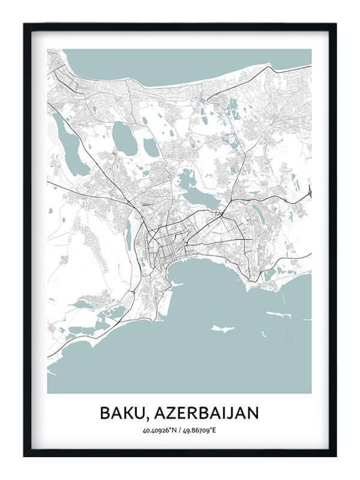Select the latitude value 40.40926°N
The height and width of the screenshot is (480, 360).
(x=160, y=430)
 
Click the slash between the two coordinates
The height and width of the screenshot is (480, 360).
(x=180, y=430)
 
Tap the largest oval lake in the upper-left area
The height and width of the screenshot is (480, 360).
(x=125, y=139)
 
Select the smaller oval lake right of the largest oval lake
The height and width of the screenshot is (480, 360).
(x=151, y=147)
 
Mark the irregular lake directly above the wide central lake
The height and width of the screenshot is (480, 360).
(x=187, y=178)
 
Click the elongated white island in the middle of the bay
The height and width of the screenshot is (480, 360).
(x=222, y=329)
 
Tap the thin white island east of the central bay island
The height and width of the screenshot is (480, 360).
(x=278, y=314)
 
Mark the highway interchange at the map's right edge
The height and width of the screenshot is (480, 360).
(x=309, y=193)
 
